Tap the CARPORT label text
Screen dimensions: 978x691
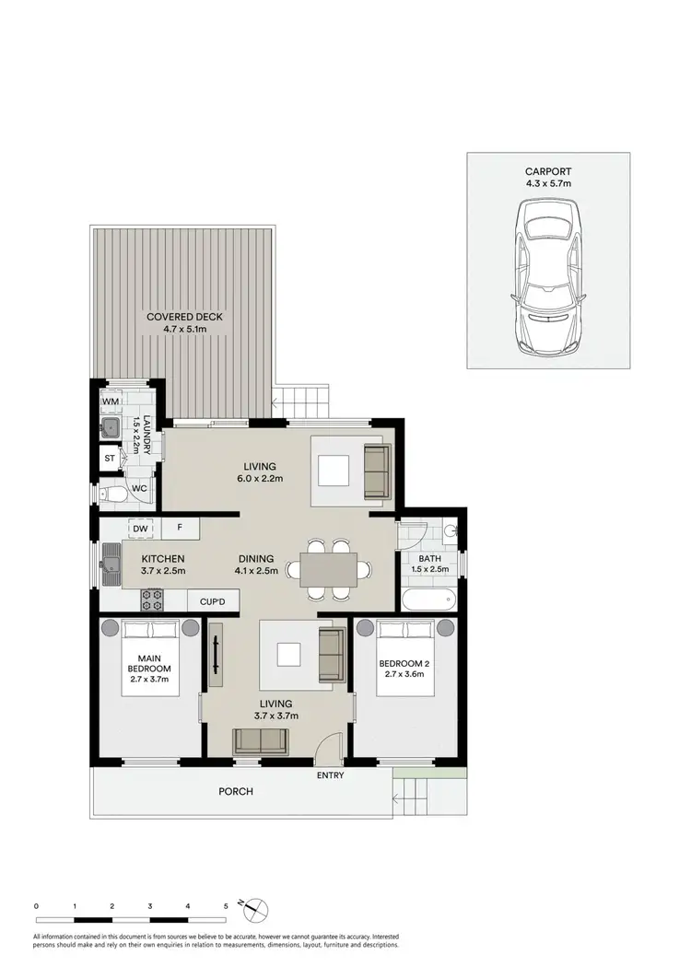(x=548, y=170)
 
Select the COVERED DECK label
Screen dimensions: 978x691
(x=185, y=317)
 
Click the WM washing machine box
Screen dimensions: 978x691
(x=111, y=402)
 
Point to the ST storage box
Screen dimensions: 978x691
(x=110, y=458)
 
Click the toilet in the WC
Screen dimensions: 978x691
(x=114, y=495)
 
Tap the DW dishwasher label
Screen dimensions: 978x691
(x=140, y=529)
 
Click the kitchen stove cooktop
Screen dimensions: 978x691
(x=152, y=600)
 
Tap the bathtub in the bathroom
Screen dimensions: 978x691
(x=428, y=601)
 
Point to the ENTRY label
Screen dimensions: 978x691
(x=330, y=775)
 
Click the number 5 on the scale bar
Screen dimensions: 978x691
(x=226, y=906)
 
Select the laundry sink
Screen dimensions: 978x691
(x=110, y=426)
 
